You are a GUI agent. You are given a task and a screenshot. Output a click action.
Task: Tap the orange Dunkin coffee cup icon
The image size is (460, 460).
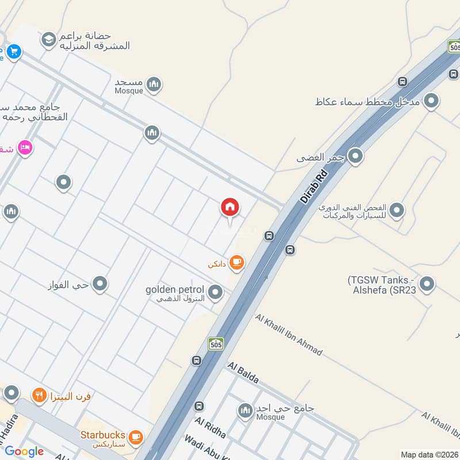236,263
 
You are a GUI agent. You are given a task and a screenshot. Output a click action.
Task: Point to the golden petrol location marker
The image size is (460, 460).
216,293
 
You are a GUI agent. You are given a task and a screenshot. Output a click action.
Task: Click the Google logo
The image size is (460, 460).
24,451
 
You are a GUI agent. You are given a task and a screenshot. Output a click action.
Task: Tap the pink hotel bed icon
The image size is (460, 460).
25,148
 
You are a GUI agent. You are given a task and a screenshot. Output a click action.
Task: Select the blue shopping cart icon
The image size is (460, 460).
13,52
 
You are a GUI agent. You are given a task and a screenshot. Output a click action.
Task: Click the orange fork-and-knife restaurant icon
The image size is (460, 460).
39,395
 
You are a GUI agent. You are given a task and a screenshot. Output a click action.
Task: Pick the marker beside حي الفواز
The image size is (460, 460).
100,283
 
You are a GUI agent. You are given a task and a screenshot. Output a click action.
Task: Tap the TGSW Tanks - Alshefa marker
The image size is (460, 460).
427,283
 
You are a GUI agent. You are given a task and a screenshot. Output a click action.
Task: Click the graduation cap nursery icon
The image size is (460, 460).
49,39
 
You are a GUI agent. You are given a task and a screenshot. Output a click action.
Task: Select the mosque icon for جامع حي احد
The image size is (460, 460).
246,410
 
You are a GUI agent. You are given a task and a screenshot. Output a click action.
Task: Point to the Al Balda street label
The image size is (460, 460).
243,373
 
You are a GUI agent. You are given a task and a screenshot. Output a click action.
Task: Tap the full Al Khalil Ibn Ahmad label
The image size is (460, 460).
289,335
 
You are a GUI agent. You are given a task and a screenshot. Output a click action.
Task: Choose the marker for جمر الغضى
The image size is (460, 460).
355,156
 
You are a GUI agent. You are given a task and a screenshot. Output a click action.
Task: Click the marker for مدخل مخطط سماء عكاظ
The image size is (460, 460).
432,102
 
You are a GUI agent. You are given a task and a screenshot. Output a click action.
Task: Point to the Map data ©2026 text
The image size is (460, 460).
429,454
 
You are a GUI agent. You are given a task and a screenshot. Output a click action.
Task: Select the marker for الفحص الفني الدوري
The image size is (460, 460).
396,210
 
